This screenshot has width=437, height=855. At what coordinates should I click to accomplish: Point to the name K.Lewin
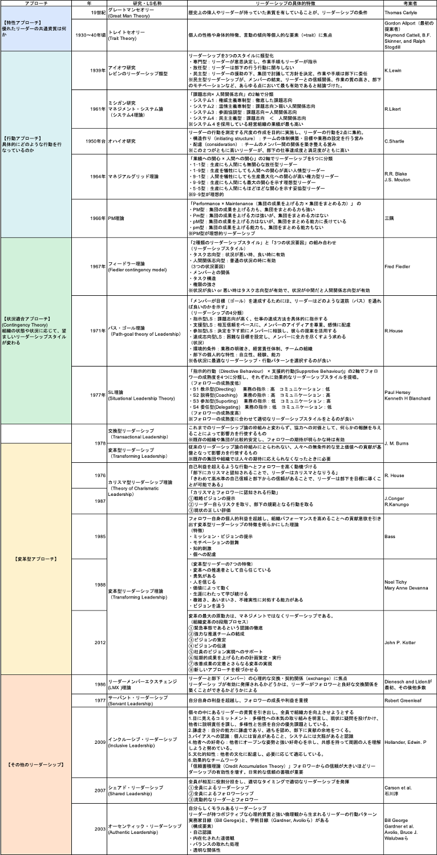tap(394, 70)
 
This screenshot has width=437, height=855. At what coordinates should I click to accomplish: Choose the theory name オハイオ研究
tap(122, 141)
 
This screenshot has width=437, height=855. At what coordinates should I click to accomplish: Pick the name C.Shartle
tap(395, 141)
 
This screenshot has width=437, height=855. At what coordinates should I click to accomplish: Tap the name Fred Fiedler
tap(398, 267)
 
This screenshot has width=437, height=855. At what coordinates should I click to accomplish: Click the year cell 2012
tap(100, 642)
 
